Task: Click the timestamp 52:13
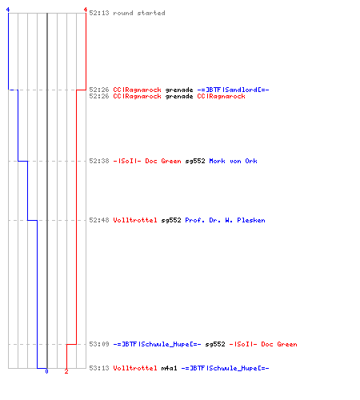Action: [x=99, y=13]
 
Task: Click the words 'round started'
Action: [x=139, y=13]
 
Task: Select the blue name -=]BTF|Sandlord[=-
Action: [x=233, y=90]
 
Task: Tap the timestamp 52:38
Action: [x=99, y=161]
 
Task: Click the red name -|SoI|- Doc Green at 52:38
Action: [x=147, y=161]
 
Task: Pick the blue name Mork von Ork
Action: [x=234, y=161]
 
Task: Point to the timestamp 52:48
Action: [x=99, y=220]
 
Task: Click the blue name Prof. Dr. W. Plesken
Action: [x=226, y=220]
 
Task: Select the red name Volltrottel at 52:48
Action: [x=135, y=220]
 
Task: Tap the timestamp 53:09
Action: [x=99, y=344]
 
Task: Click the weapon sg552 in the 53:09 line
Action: [x=215, y=344]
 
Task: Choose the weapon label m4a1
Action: [x=170, y=368]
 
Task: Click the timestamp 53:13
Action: [x=99, y=368]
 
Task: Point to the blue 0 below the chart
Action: [x=46, y=371]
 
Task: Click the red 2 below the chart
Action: [x=66, y=371]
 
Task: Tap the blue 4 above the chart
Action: [x=8, y=10]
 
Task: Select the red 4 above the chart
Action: [x=86, y=10]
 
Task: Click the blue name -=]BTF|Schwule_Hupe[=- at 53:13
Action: [x=226, y=368]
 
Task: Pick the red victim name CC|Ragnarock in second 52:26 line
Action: [x=221, y=96]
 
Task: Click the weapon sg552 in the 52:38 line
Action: [x=195, y=161]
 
